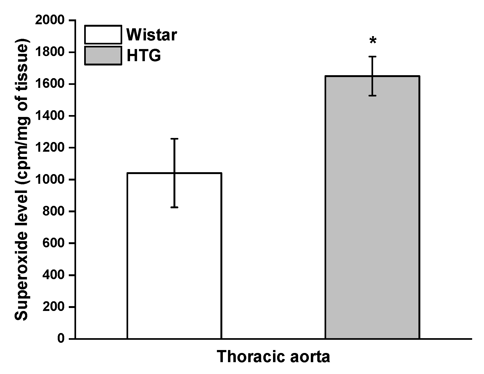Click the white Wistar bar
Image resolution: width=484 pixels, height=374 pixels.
[x=174, y=256]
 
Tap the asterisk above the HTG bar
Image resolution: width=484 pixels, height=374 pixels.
[x=373, y=41]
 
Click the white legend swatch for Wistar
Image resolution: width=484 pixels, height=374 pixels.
[x=103, y=34]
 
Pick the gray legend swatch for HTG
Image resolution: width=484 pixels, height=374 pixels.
[x=103, y=56]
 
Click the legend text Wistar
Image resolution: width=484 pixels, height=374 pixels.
[x=152, y=35]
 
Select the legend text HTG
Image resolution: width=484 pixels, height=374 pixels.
[x=144, y=56]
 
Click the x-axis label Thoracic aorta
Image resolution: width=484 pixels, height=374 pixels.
[x=273, y=357]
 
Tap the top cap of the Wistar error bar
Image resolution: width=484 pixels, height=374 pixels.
[x=174, y=139]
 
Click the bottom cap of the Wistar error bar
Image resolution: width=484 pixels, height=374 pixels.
[x=174, y=207]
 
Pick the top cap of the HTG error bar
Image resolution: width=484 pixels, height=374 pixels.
[x=373, y=57]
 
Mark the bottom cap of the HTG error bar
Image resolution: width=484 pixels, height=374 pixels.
[x=373, y=96]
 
